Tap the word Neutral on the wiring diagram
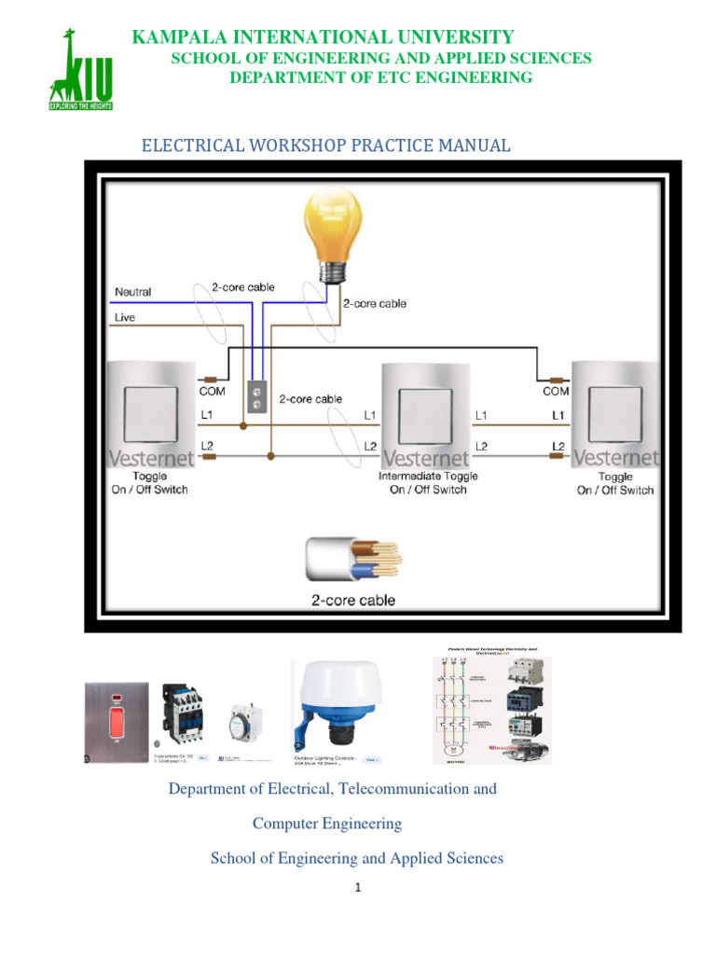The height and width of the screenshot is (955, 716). coord(132,292)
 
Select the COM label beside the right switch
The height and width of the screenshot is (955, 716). coord(556,392)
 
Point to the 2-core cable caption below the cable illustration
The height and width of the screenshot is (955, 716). coord(352,600)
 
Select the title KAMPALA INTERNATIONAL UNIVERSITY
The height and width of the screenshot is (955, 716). coord(323,37)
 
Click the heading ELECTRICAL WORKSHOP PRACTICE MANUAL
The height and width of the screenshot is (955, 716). coord(325,145)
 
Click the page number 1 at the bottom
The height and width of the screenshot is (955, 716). coord(357,888)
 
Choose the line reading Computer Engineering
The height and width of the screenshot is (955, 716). coord(327,824)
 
